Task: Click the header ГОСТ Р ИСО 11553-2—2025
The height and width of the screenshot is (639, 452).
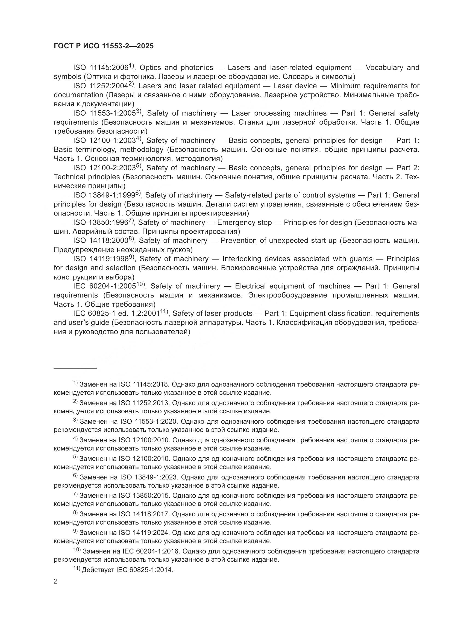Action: pyautogui.click(x=104, y=46)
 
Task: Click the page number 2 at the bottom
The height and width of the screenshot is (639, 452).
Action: pyautogui.click(x=56, y=581)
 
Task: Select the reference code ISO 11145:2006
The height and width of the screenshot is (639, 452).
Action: pyautogui.click(x=101, y=68)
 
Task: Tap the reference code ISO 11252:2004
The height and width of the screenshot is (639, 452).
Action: pyautogui.click(x=101, y=86)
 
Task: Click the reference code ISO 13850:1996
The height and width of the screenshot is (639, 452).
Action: pyautogui.click(x=101, y=223)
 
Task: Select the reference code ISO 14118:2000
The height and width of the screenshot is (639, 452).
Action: pyautogui.click(x=101, y=241)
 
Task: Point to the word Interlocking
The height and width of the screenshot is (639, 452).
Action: pyautogui.click(x=242, y=259)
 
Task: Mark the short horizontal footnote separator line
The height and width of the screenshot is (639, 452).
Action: pyautogui.click(x=75, y=369)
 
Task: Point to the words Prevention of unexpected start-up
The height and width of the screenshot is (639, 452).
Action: pyautogui.click(x=278, y=241)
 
